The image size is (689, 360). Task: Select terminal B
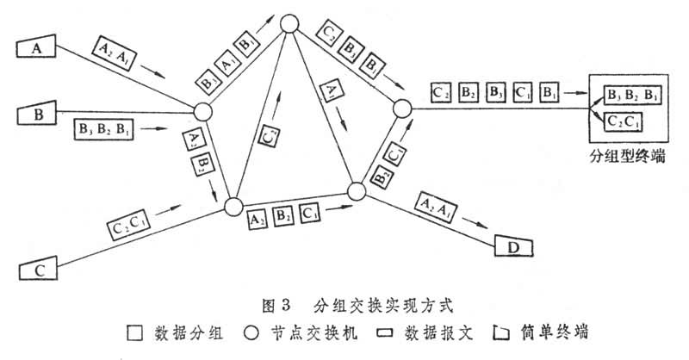point(38,112)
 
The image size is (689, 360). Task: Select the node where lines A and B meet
point(202,111)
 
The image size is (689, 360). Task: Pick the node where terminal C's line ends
point(232,207)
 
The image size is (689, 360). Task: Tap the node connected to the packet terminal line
point(402,109)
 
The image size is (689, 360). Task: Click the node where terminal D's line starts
point(357,191)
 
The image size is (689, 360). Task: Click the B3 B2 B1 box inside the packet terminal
point(631,94)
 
